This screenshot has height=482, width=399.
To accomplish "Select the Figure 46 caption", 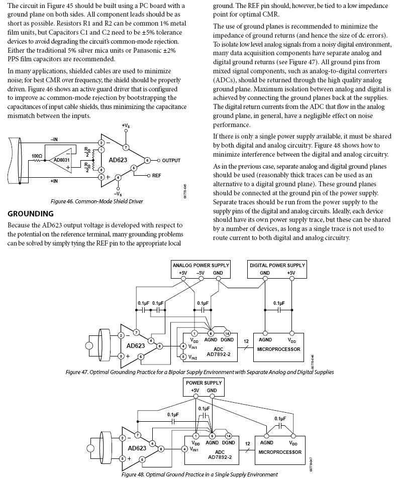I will point(97,201).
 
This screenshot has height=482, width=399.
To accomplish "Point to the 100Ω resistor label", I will point(37,156).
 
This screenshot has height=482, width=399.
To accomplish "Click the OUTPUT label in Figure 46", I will point(171,160).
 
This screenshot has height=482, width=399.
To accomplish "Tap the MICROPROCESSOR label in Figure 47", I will point(280,349).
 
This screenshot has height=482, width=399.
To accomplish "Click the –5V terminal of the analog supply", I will point(200,273).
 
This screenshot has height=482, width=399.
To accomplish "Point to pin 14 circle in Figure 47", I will point(227,333).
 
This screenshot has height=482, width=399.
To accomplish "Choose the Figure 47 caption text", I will point(199,372).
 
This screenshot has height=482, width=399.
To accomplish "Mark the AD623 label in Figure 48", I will point(136,448).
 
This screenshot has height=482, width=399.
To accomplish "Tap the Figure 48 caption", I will point(199,474).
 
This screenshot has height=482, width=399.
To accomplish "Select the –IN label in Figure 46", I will point(54,139).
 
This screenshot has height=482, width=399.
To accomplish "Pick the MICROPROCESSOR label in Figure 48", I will point(280,452).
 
